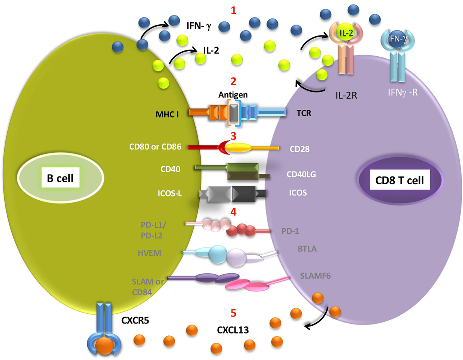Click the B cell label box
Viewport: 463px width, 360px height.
point(61,177)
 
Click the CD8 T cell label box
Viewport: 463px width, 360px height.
point(399,180)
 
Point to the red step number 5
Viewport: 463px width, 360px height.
point(233,313)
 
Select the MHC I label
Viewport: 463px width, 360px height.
point(167,114)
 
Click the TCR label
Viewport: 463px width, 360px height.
point(304,113)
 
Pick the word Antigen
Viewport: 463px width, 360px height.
point(233,95)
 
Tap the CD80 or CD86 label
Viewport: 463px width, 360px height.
point(155,146)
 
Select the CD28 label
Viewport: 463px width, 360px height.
point(299,149)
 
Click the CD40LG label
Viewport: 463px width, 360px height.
point(301,174)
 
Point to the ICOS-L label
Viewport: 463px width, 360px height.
point(170,193)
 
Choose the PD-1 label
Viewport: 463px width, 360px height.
point(290,231)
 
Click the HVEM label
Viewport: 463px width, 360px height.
point(149,253)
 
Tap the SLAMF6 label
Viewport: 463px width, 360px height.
point(315,276)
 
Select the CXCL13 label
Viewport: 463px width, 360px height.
point(233,330)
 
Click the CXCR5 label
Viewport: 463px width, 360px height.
point(135,320)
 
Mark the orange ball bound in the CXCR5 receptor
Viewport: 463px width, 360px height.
point(105,346)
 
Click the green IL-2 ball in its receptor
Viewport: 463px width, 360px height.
point(346,33)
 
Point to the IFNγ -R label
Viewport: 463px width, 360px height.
point(403,93)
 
